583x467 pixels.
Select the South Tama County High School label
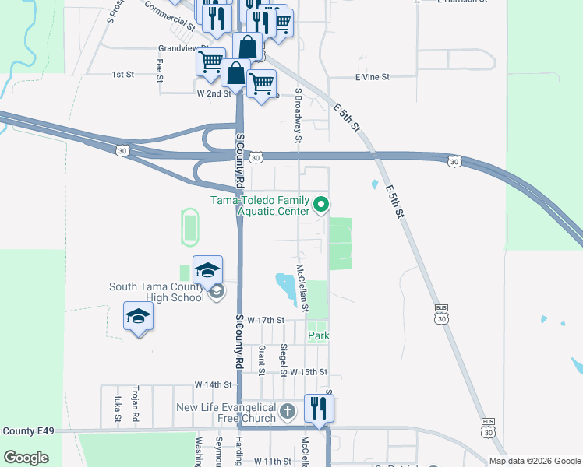pos(157,292)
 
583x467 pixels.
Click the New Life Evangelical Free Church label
pos(226,413)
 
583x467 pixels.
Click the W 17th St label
pos(265,320)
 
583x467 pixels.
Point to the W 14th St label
pos(214,384)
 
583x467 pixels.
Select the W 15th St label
pos(309,373)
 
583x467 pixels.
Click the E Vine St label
pos(372,78)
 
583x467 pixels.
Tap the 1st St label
pos(123,75)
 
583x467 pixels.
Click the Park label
pos(319,335)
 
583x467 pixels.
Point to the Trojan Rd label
pos(135,406)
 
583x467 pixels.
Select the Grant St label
pos(261,359)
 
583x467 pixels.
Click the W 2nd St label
pos(214,93)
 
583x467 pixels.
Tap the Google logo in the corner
pos(26,458)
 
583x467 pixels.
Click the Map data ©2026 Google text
pos(535,461)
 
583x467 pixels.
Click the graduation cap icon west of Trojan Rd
pos(138,316)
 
